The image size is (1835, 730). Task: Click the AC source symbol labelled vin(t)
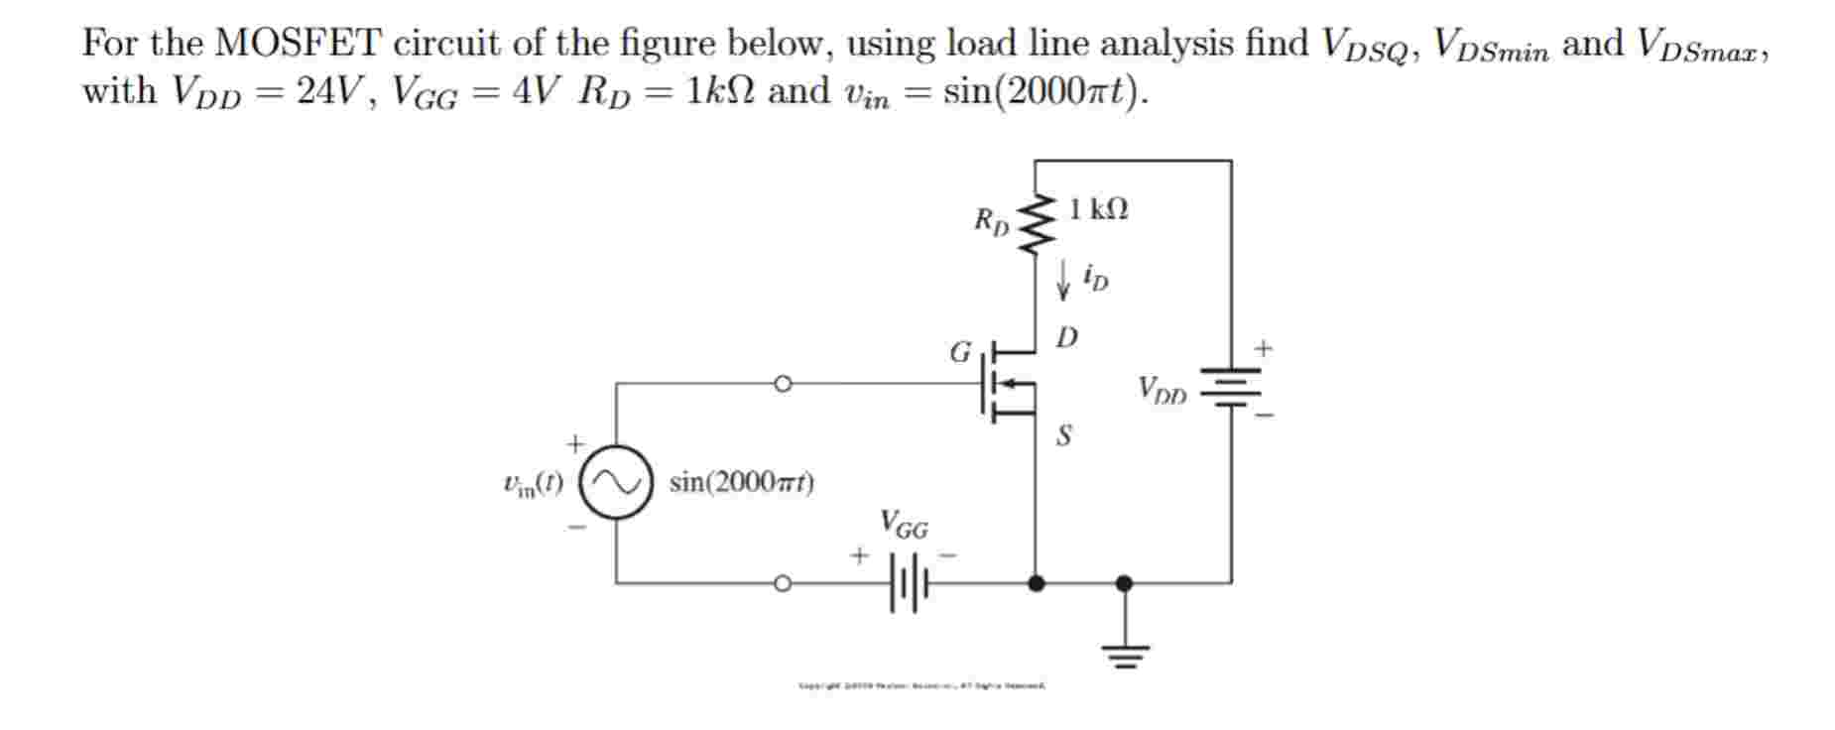click(615, 483)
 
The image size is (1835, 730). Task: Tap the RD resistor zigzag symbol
click(1037, 224)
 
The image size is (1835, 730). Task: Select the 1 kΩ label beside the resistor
click(1098, 209)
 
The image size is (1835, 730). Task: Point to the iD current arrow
click(1062, 280)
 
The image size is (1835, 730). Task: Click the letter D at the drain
click(1066, 338)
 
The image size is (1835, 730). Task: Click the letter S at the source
click(1063, 435)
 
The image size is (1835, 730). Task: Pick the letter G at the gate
click(960, 352)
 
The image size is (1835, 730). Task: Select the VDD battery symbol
click(1231, 389)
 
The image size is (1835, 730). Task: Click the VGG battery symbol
click(908, 583)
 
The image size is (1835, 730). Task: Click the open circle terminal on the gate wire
click(783, 383)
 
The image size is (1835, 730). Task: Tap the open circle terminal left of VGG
click(783, 583)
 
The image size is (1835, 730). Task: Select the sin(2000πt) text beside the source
click(742, 483)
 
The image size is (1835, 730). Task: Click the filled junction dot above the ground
click(1124, 583)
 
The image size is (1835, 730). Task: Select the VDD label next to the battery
click(1162, 390)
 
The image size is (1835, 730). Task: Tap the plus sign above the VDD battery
click(1263, 348)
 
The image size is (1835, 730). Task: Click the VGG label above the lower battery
click(904, 525)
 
